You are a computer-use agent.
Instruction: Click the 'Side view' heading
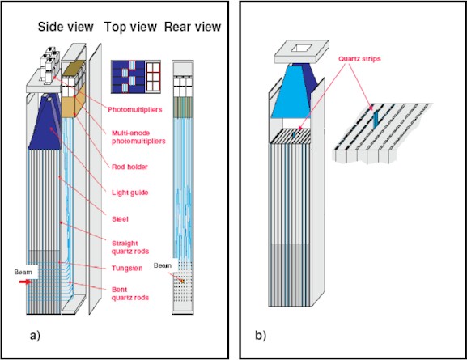pyautogui.click(x=66, y=27)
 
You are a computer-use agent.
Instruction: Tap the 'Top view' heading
pyautogui.click(x=130, y=27)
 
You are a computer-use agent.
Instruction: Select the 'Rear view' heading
pyautogui.click(x=193, y=27)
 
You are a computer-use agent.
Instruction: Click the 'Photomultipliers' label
pyautogui.click(x=135, y=109)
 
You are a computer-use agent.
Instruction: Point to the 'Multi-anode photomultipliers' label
pyautogui.click(x=138, y=137)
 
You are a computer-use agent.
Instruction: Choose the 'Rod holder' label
pyautogui.click(x=129, y=167)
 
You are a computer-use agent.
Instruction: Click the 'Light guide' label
pyautogui.click(x=129, y=193)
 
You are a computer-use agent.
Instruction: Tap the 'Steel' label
pyautogui.click(x=120, y=219)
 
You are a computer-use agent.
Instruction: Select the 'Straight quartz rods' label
pyautogui.click(x=130, y=248)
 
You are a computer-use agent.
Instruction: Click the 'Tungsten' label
pyautogui.click(x=127, y=269)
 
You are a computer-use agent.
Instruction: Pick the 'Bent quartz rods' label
pyautogui.click(x=130, y=294)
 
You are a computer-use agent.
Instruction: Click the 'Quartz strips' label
pyautogui.click(x=359, y=59)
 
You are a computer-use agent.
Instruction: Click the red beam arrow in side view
pyautogui.click(x=25, y=282)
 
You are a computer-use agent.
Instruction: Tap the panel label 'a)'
pyautogui.click(x=35, y=336)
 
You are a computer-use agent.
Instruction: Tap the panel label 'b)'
pyautogui.click(x=261, y=336)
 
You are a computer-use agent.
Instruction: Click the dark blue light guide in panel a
pyautogui.click(x=45, y=122)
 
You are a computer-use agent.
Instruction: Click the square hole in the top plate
pyautogui.click(x=302, y=49)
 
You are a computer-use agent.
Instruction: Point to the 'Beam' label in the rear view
pyautogui.click(x=163, y=265)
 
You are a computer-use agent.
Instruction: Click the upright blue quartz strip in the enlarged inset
pyautogui.click(x=376, y=117)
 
